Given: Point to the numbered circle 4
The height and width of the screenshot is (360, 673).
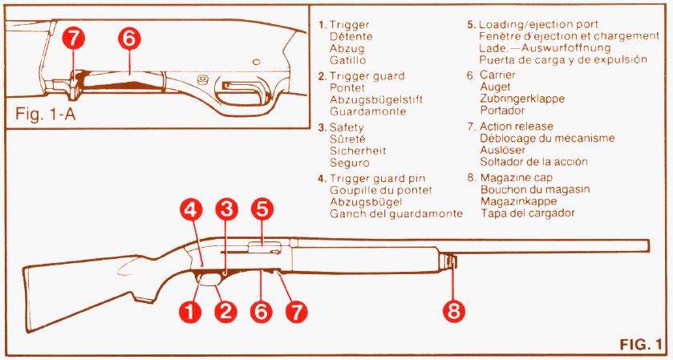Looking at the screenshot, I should click(191, 211).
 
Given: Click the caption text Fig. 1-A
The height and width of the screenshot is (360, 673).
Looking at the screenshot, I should click(45, 114).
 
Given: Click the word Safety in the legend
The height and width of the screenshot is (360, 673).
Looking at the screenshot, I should click(347, 127).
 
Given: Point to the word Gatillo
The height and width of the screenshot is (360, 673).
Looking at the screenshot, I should click(348, 60).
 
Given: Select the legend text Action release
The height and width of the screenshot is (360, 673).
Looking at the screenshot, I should click(516, 127).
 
